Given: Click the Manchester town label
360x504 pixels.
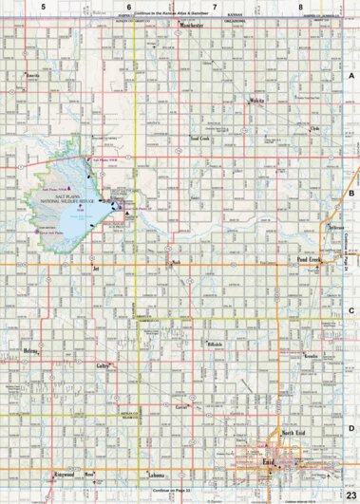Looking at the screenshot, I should point(192,26).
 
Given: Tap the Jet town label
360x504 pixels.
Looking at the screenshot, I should point(96,269).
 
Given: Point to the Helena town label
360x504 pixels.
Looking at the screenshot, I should point(29,350).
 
